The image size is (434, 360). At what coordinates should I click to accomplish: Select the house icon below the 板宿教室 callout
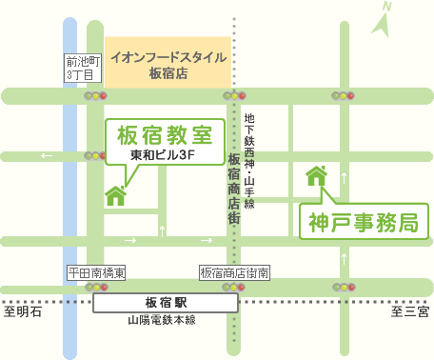tap(116, 194)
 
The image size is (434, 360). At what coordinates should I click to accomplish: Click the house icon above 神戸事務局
tap(315, 176)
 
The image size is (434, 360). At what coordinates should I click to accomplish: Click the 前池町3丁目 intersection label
tap(81, 69)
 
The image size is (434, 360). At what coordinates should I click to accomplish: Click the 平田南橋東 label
tap(97, 272)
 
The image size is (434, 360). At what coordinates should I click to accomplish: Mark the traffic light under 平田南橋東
tap(96, 287)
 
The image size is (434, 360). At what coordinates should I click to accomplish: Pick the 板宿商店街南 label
tap(234, 272)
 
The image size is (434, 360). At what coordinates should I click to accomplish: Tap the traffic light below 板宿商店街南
tap(233, 287)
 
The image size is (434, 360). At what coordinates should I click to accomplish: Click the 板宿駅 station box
tap(166, 303)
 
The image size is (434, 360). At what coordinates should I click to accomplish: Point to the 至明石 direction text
tap(22, 311)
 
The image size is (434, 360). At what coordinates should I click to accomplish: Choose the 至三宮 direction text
tap(410, 311)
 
